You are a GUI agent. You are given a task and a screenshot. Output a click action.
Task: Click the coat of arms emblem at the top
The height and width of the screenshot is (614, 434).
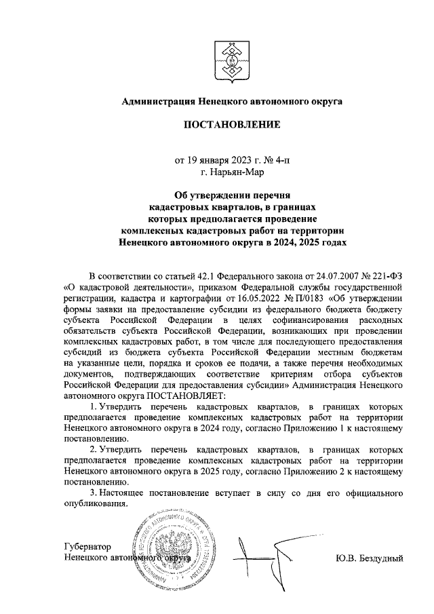(231, 57)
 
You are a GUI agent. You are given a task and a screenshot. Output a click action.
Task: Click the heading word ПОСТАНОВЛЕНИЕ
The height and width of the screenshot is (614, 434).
(231, 126)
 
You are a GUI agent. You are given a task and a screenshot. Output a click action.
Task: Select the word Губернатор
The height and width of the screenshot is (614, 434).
(85, 547)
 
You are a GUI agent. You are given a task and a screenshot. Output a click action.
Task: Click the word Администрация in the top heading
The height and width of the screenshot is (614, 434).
(155, 102)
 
